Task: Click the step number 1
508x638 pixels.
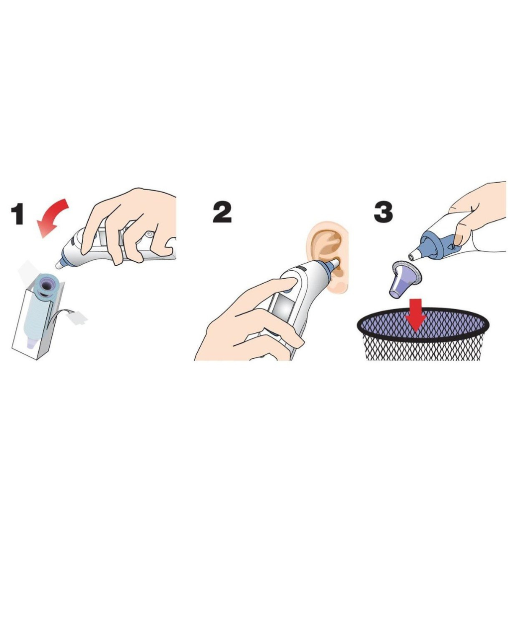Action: click(17, 214)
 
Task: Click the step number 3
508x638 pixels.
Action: click(383, 212)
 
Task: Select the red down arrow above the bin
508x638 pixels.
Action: click(416, 315)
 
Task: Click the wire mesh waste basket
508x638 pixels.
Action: click(423, 333)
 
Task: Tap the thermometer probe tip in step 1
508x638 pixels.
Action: click(59, 266)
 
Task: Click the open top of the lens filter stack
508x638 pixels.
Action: click(47, 286)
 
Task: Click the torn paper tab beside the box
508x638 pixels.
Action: click(77, 318)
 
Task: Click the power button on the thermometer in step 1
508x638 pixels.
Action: click(148, 234)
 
